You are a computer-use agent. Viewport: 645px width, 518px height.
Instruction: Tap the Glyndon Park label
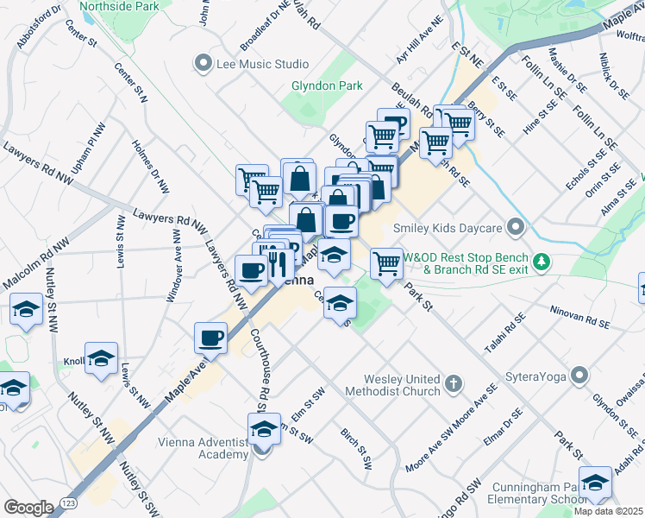[x=326, y=86]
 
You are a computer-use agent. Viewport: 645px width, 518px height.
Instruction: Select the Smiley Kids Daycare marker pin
[x=516, y=228]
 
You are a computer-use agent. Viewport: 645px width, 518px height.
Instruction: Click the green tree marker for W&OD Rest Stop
[x=541, y=260]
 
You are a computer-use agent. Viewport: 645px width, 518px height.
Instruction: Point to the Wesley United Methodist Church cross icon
[x=454, y=383]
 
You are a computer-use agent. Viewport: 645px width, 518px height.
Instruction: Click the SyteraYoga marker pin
[x=580, y=376]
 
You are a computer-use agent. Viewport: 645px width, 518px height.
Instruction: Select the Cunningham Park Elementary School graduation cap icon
[x=595, y=484]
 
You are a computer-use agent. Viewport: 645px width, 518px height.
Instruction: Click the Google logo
[x=28, y=507]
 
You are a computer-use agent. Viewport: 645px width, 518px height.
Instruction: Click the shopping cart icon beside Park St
[x=387, y=263]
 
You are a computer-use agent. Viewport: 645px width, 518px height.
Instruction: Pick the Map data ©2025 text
[x=609, y=511]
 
